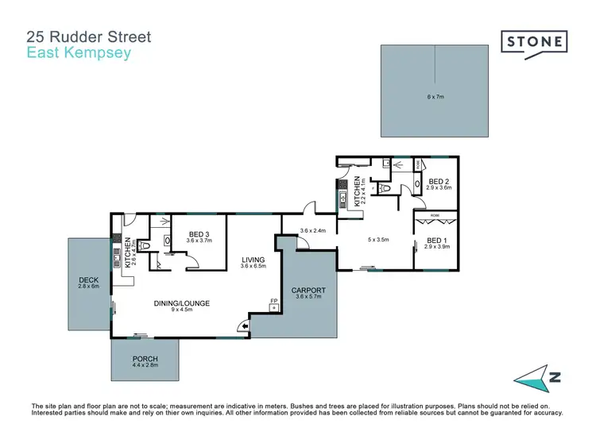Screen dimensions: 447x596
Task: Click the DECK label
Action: [87, 279]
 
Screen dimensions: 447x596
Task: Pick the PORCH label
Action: [145, 359]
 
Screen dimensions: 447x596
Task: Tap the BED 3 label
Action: [198, 233]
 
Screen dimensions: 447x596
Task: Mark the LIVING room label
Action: [253, 260]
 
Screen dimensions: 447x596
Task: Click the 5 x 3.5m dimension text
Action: [378, 239]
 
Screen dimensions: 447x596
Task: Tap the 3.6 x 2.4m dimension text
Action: [314, 231]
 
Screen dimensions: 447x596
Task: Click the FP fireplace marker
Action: [273, 301]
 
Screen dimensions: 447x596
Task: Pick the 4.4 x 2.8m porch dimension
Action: [145, 366]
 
